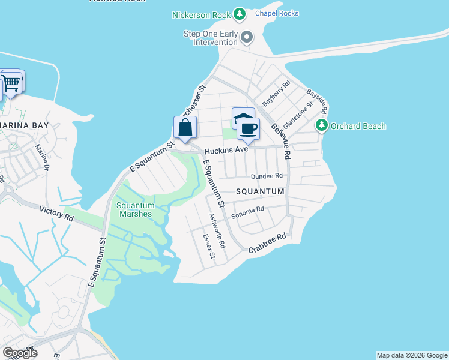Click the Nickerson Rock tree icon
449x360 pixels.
pos(240,14)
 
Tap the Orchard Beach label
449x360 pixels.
pos(358,126)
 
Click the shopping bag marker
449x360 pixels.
pos(185,127)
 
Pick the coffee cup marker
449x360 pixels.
pos(248,128)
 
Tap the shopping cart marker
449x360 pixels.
pos(11,82)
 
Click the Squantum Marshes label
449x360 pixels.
pos(135,209)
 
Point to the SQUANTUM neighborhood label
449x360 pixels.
pos(260,191)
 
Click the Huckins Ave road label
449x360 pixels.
pos(226,151)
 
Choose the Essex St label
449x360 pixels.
pos(208,247)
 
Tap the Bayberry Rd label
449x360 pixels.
pos(276,93)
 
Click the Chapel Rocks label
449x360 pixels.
pos(277,13)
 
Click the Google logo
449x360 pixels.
pos(20,353)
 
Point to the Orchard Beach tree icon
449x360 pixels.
pos(322,125)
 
